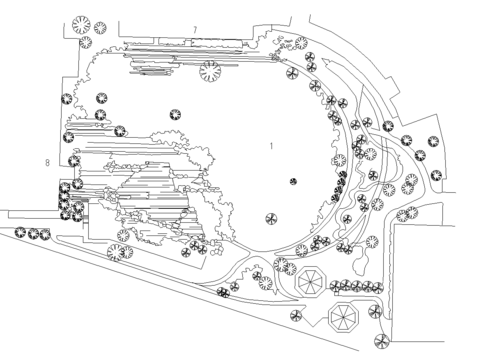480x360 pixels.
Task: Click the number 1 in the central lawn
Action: coord(271,146)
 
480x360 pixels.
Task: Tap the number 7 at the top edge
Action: coord(195,30)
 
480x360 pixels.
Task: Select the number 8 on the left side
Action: coord(47,163)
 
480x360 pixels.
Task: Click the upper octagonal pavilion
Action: coord(311,282)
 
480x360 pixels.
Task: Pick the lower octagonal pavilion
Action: coord(344,317)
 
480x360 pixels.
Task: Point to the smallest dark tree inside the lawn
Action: coord(293,182)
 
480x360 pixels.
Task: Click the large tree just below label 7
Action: coord(210,71)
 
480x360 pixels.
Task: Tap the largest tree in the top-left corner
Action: coord(81,25)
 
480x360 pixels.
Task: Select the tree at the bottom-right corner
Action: coord(382,341)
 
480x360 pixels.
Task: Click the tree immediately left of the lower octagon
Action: coord(296,316)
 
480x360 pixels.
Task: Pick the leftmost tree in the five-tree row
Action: coord(336,286)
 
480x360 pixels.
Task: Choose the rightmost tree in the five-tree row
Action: coord(377,287)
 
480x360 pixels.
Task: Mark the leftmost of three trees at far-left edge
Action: coord(20,232)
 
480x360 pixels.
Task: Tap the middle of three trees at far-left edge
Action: coord(33,233)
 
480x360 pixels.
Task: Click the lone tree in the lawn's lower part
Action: coord(271,219)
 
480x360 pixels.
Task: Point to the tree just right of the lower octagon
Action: coord(375,311)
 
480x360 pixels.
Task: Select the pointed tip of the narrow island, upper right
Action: coord(323,59)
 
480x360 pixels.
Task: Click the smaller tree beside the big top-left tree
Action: coord(100,28)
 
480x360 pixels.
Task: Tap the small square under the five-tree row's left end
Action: coord(337,293)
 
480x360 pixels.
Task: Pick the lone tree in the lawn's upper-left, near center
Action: coord(175,115)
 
